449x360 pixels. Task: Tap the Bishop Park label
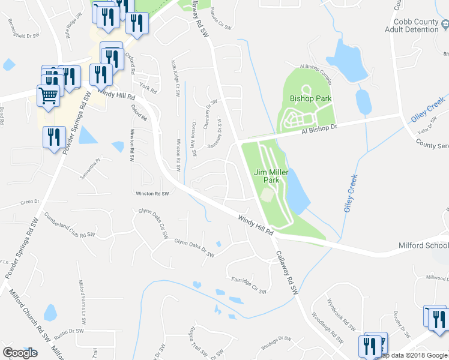coord(310,98)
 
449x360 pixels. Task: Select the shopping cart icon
coord(49,95)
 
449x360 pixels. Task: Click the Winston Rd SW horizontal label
coord(152,193)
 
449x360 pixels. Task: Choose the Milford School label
coord(423,245)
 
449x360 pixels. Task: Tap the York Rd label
coord(148,89)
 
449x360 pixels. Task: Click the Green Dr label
coord(29,202)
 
